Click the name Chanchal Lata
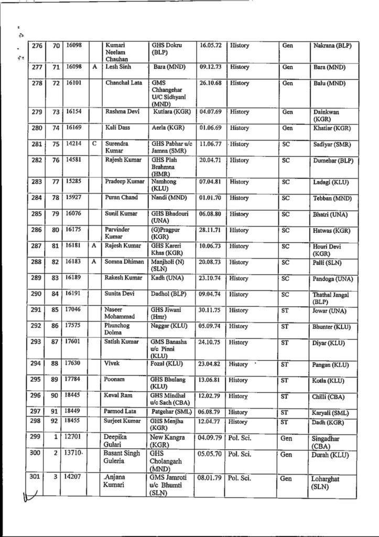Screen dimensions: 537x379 [122, 83]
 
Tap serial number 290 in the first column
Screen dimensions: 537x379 [36, 294]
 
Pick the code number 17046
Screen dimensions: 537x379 [73, 310]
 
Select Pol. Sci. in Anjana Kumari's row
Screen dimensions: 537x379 [240, 478]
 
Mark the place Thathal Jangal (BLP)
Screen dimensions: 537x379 [330, 299]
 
